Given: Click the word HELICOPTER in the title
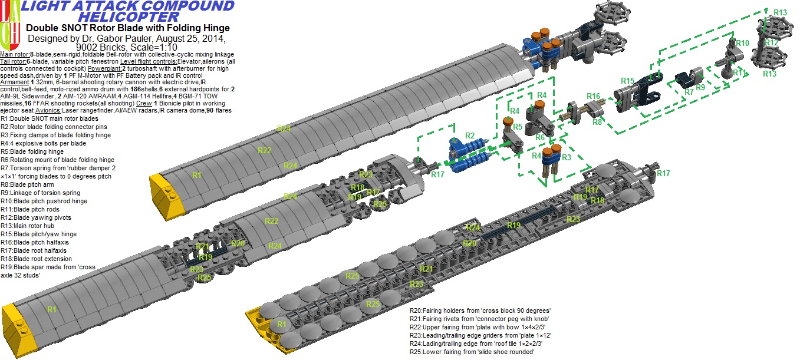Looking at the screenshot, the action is pos(128,16).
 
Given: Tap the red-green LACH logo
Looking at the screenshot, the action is pos(10,25).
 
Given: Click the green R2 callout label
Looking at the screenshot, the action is pos(470,136).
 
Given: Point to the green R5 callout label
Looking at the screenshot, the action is pos(518,127).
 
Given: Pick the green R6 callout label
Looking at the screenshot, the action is pos(539,137).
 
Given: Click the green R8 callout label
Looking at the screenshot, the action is pos(597,122).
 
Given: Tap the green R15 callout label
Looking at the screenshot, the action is pos(627,81).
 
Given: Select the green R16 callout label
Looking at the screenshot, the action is pos(593,96).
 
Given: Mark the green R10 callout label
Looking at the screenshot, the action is pos(742,43).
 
